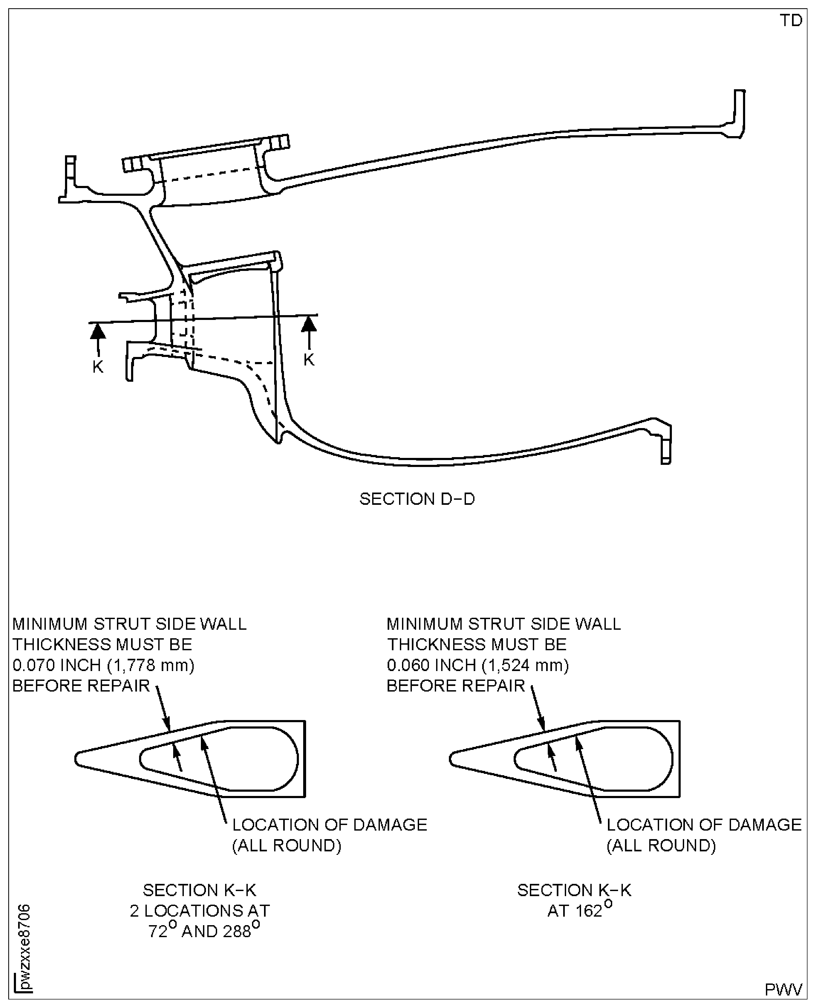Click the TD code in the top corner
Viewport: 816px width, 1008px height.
(x=791, y=21)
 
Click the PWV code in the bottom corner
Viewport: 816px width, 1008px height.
(x=783, y=989)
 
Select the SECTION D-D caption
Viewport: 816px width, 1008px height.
(x=417, y=499)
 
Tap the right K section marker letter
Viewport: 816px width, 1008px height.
(x=309, y=360)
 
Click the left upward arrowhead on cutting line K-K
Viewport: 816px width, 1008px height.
(x=98, y=330)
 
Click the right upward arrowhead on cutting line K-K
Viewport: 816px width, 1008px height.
(x=309, y=324)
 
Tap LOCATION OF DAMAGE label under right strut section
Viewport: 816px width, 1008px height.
(x=704, y=825)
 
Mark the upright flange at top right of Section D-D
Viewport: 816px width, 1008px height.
(x=739, y=113)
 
